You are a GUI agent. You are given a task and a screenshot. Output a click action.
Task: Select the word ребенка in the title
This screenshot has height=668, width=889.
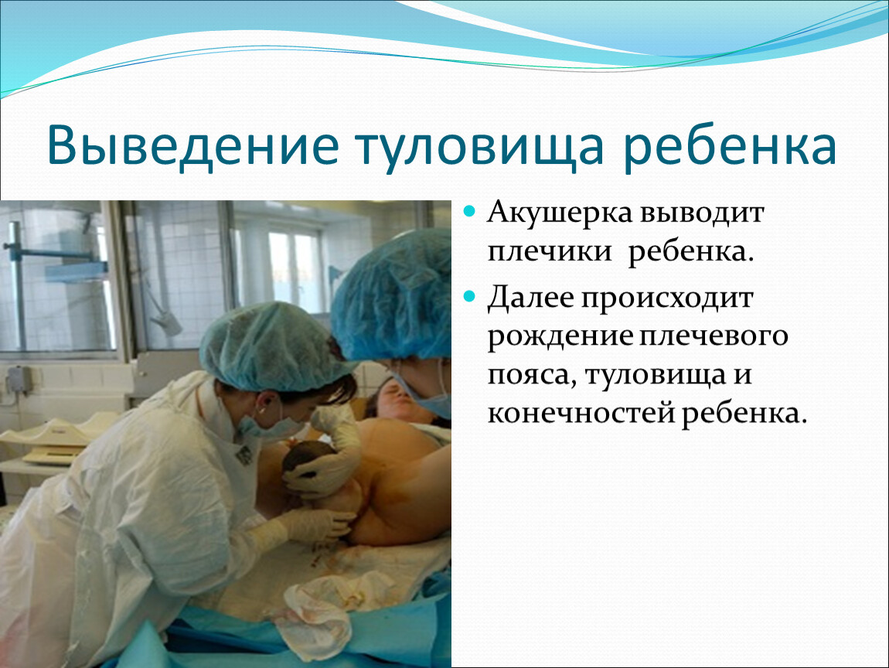coord(729,148)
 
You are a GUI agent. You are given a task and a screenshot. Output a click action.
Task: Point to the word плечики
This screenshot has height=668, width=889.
coord(550,252)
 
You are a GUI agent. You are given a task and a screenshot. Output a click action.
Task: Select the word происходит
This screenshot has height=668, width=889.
coord(668,299)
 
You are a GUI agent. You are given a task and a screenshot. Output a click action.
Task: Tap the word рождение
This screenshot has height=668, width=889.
coord(560,337)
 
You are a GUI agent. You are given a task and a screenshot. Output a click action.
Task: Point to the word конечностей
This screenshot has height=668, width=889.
coord(581,414)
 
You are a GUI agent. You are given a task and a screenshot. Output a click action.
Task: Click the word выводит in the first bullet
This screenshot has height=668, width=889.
coord(703,214)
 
